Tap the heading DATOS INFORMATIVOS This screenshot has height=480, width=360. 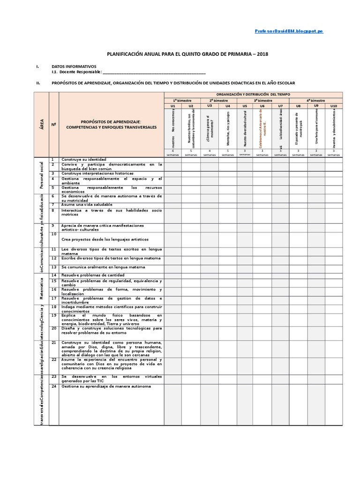(x=74, y=67)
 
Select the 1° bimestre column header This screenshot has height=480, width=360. (x=181, y=100)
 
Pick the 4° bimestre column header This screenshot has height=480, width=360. (x=315, y=100)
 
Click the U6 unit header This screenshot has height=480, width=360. (x=262, y=106)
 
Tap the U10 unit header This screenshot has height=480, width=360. (x=333, y=106)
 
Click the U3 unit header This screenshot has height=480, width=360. (x=210, y=106)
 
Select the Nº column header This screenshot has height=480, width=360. (x=54, y=124)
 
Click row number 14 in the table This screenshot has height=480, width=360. (x=54, y=274)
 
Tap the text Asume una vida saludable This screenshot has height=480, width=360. (x=87, y=204)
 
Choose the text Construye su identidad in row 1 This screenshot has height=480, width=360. (x=84, y=159)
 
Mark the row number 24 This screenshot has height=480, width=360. (x=54, y=386)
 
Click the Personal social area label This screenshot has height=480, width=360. (x=41, y=174)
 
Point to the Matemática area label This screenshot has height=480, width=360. (x=41, y=287)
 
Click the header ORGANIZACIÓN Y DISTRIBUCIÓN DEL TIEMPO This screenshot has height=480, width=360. (x=253, y=94)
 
